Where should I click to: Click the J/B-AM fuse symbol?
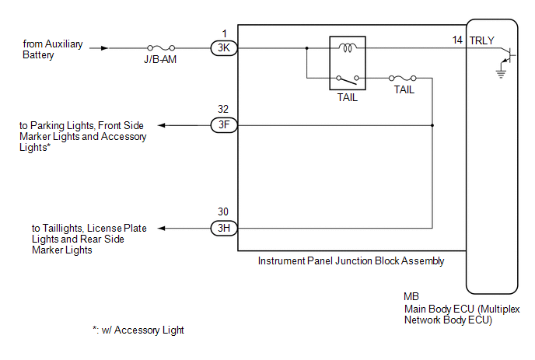point(161,47)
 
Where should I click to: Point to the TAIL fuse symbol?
point(403,78)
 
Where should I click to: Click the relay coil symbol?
point(348,47)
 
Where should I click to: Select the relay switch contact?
point(348,79)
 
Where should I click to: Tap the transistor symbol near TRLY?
point(508,56)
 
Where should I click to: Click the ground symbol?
point(501,73)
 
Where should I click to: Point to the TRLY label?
point(482,40)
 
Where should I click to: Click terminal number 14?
point(457,40)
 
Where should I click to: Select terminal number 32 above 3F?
point(223,109)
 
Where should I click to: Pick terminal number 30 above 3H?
point(223,212)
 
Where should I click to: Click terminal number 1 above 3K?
point(224,33)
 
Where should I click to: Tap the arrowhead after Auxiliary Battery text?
point(104,48)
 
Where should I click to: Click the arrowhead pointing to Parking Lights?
point(162,125)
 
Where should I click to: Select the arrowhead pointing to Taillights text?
point(162,229)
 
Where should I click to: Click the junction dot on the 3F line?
point(432,125)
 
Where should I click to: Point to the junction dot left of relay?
point(306,48)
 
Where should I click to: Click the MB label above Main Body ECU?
point(411,296)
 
